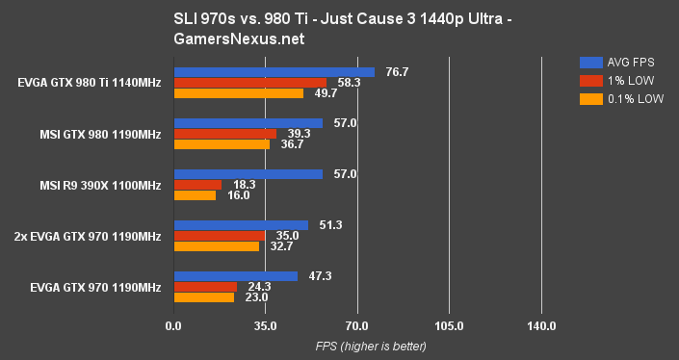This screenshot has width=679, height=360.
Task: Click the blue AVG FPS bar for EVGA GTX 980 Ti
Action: coord(274,72)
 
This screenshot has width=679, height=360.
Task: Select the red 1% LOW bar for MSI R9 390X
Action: coord(197,185)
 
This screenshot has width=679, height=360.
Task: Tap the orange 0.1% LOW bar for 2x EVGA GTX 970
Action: coord(216,246)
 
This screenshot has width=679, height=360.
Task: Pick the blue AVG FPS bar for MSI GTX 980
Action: coord(248,123)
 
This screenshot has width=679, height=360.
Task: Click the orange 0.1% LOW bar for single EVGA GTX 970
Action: coord(203,297)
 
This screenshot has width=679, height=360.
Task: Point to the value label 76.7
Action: coord(398,72)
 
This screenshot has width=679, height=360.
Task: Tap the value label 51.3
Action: coord(330,225)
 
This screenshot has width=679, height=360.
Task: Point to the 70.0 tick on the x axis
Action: coord(357,326)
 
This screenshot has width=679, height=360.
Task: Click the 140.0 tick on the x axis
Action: coord(541,326)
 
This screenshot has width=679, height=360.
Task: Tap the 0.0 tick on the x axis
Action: coord(173,326)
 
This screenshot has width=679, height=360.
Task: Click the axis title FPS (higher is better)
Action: coord(357,347)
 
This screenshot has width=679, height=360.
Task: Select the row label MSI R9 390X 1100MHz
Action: coord(99,185)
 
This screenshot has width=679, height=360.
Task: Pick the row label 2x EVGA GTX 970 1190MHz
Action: coord(88,236)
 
